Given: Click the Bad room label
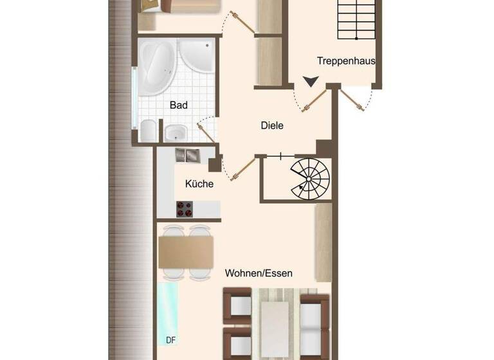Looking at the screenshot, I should click(178, 105).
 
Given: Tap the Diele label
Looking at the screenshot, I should click(272, 126).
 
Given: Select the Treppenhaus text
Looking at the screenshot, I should click(346, 62).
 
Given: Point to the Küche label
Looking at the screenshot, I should click(199, 184).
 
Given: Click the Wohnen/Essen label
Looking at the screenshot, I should click(259, 273).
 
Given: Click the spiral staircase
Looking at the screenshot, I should click(309, 177).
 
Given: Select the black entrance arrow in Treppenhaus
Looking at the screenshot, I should click(311, 82).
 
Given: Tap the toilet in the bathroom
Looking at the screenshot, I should click(147, 130).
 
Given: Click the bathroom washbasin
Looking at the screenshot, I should click(174, 133).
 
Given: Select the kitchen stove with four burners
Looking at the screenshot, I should click(185, 210).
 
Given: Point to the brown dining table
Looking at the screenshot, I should click(186, 251).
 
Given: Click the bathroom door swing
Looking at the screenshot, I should click(206, 130).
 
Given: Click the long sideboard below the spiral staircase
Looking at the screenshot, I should click(323, 238).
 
